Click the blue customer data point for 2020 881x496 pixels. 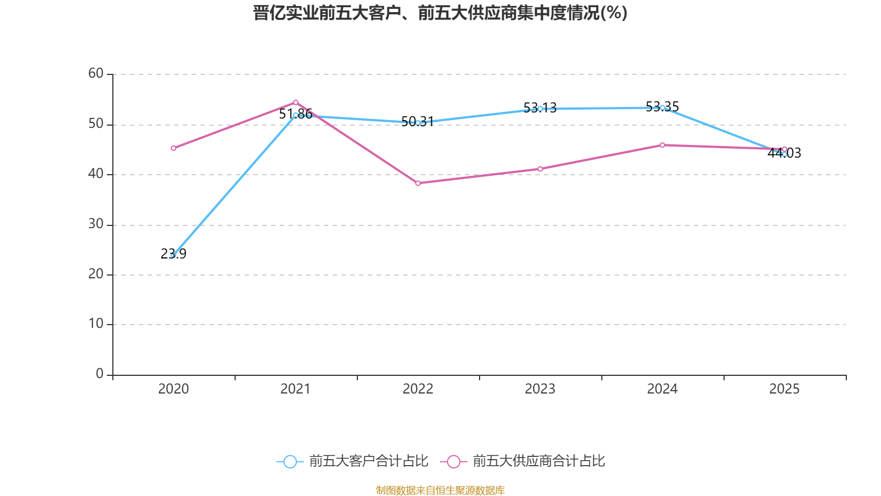[x=173, y=255]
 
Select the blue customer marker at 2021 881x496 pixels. [x=296, y=115]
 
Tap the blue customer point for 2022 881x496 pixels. [x=418, y=123]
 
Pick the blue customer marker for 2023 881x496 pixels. [x=540, y=109]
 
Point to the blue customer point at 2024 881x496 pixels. [x=662, y=107]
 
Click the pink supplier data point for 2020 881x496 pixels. [x=173, y=148]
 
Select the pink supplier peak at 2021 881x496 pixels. [x=296, y=102]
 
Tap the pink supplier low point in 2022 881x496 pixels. [x=418, y=183]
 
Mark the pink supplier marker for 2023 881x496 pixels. [x=540, y=169]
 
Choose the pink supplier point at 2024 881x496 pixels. [x=662, y=145]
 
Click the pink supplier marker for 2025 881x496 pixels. [x=785, y=149]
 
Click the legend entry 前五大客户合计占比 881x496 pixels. [x=353, y=461]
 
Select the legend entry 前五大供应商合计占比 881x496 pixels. [x=523, y=461]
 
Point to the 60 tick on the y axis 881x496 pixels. [x=96, y=74]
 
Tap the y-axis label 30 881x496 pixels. [x=96, y=224]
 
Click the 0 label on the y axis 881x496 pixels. [x=100, y=374]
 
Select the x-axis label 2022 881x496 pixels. [x=418, y=389]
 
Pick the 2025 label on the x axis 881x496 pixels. [x=784, y=389]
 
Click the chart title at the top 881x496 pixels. [x=440, y=13]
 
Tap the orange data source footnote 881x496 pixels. [x=440, y=490]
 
